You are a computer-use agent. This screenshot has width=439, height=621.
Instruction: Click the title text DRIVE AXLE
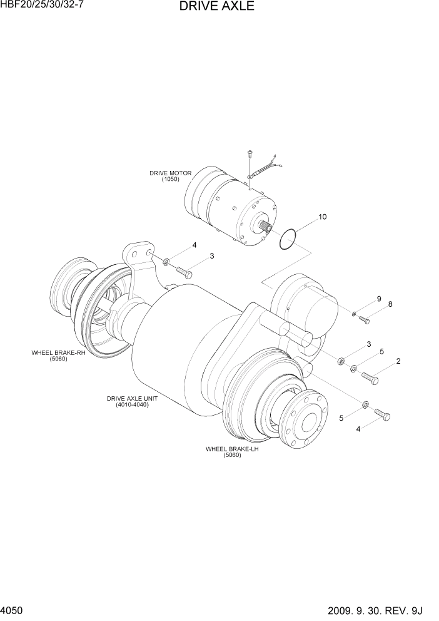[216, 7]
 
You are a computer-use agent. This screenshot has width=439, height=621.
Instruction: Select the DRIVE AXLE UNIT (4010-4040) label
[132, 401]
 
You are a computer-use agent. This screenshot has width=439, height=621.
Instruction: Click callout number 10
[322, 217]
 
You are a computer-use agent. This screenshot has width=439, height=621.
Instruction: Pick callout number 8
[390, 304]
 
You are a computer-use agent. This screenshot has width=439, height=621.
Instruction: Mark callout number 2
[398, 361]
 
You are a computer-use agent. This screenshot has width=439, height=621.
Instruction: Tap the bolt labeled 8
[365, 320]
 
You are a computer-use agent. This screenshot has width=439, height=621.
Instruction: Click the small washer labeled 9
[354, 313]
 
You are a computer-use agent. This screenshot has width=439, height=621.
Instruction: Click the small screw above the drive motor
[249, 152]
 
